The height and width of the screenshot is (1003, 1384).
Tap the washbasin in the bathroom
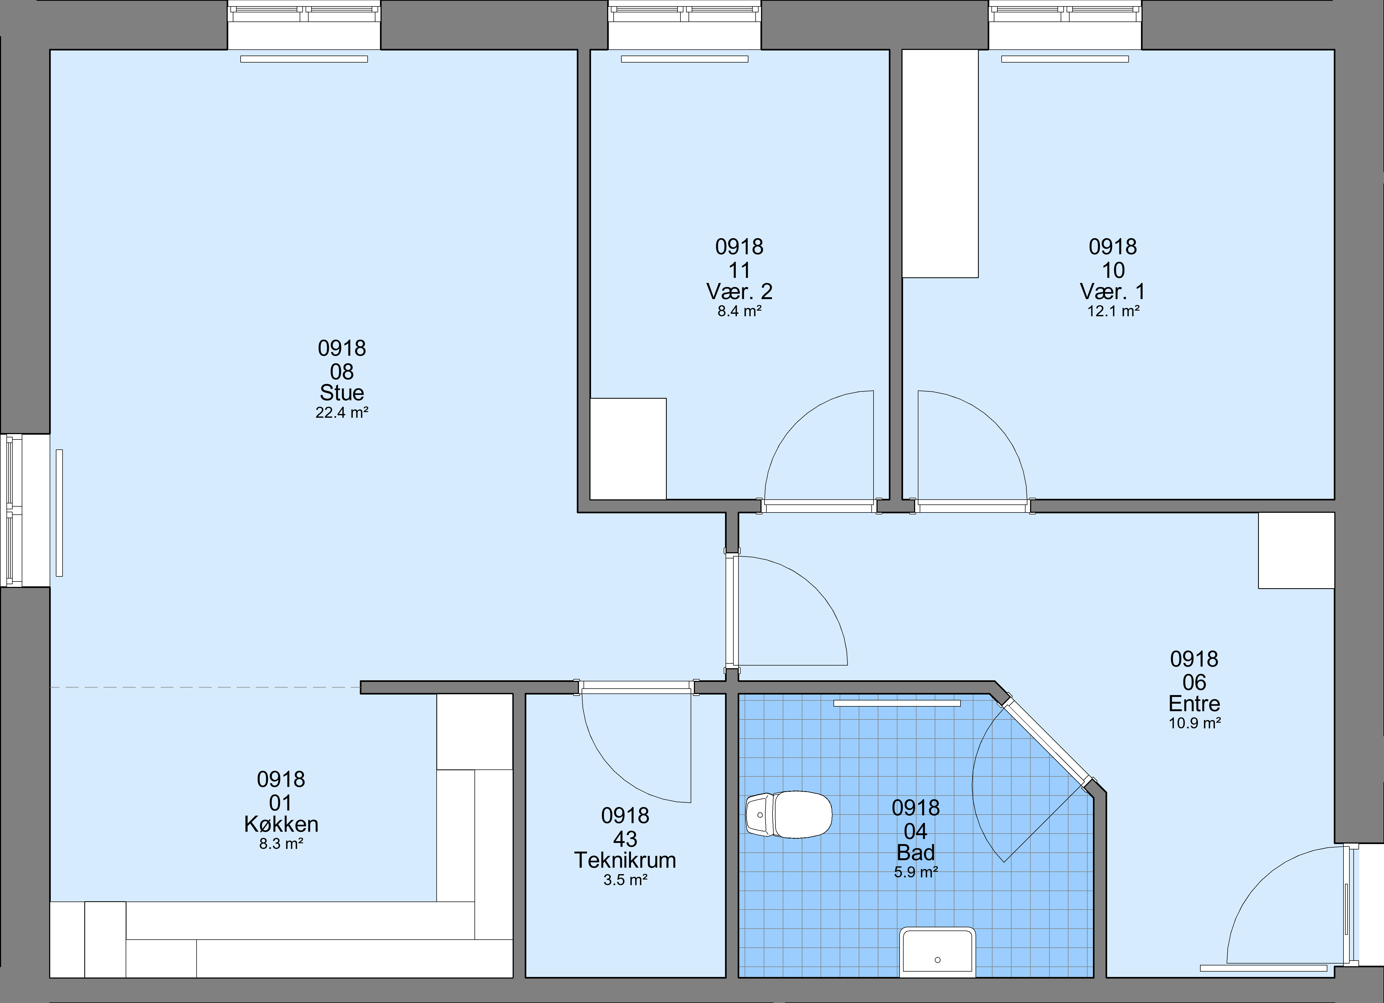tap(938, 953)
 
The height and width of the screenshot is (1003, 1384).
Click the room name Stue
tap(342, 392)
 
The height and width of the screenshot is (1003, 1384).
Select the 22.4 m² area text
tap(342, 412)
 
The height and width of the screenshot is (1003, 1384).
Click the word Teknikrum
tap(625, 860)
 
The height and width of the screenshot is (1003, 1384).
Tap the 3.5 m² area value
tap(625, 880)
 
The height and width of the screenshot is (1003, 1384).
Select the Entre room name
tap(1194, 703)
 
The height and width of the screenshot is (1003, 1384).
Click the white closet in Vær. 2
tap(628, 449)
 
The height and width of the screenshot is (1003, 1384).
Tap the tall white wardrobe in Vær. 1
tap(940, 163)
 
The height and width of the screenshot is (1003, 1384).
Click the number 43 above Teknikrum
tap(625, 839)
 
